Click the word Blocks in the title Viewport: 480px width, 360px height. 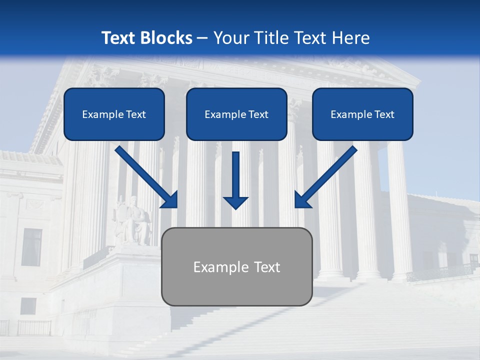click(x=167, y=38)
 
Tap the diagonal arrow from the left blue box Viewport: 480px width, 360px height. click(x=147, y=177)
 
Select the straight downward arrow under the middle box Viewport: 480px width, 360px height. click(x=235, y=180)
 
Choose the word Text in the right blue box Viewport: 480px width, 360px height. click(x=384, y=114)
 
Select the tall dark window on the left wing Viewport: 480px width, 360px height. click(x=32, y=247)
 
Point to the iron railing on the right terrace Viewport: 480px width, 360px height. click(x=440, y=272)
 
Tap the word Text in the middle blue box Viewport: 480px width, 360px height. click(x=258, y=114)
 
